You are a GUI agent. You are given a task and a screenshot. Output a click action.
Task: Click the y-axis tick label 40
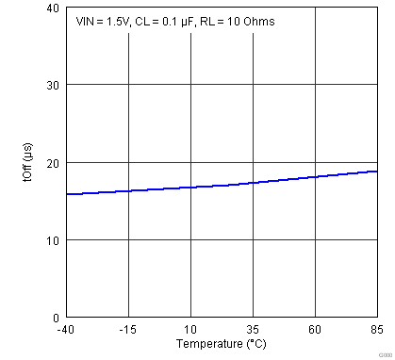point(53,8)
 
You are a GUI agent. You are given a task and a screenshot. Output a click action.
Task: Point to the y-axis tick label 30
point(53,85)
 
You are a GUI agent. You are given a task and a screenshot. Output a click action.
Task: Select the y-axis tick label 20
point(53,162)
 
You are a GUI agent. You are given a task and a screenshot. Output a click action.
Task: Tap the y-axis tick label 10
point(53,240)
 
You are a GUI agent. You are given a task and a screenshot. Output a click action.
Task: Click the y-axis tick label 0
point(56,318)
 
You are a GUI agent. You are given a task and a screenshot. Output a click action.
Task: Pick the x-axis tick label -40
point(65,330)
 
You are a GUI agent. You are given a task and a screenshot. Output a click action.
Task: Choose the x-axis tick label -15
point(127,330)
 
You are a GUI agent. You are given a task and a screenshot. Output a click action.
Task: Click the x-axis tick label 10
point(190,330)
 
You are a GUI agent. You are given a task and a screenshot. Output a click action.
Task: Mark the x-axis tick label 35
point(253,330)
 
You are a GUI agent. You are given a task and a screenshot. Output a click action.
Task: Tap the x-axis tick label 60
point(315,330)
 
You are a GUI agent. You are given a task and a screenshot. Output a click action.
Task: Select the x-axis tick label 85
point(377,330)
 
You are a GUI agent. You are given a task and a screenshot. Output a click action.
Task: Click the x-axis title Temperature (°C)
point(221,345)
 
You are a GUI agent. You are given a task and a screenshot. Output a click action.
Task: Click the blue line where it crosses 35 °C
point(253,183)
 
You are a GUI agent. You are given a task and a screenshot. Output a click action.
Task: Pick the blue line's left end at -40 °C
point(66,194)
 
